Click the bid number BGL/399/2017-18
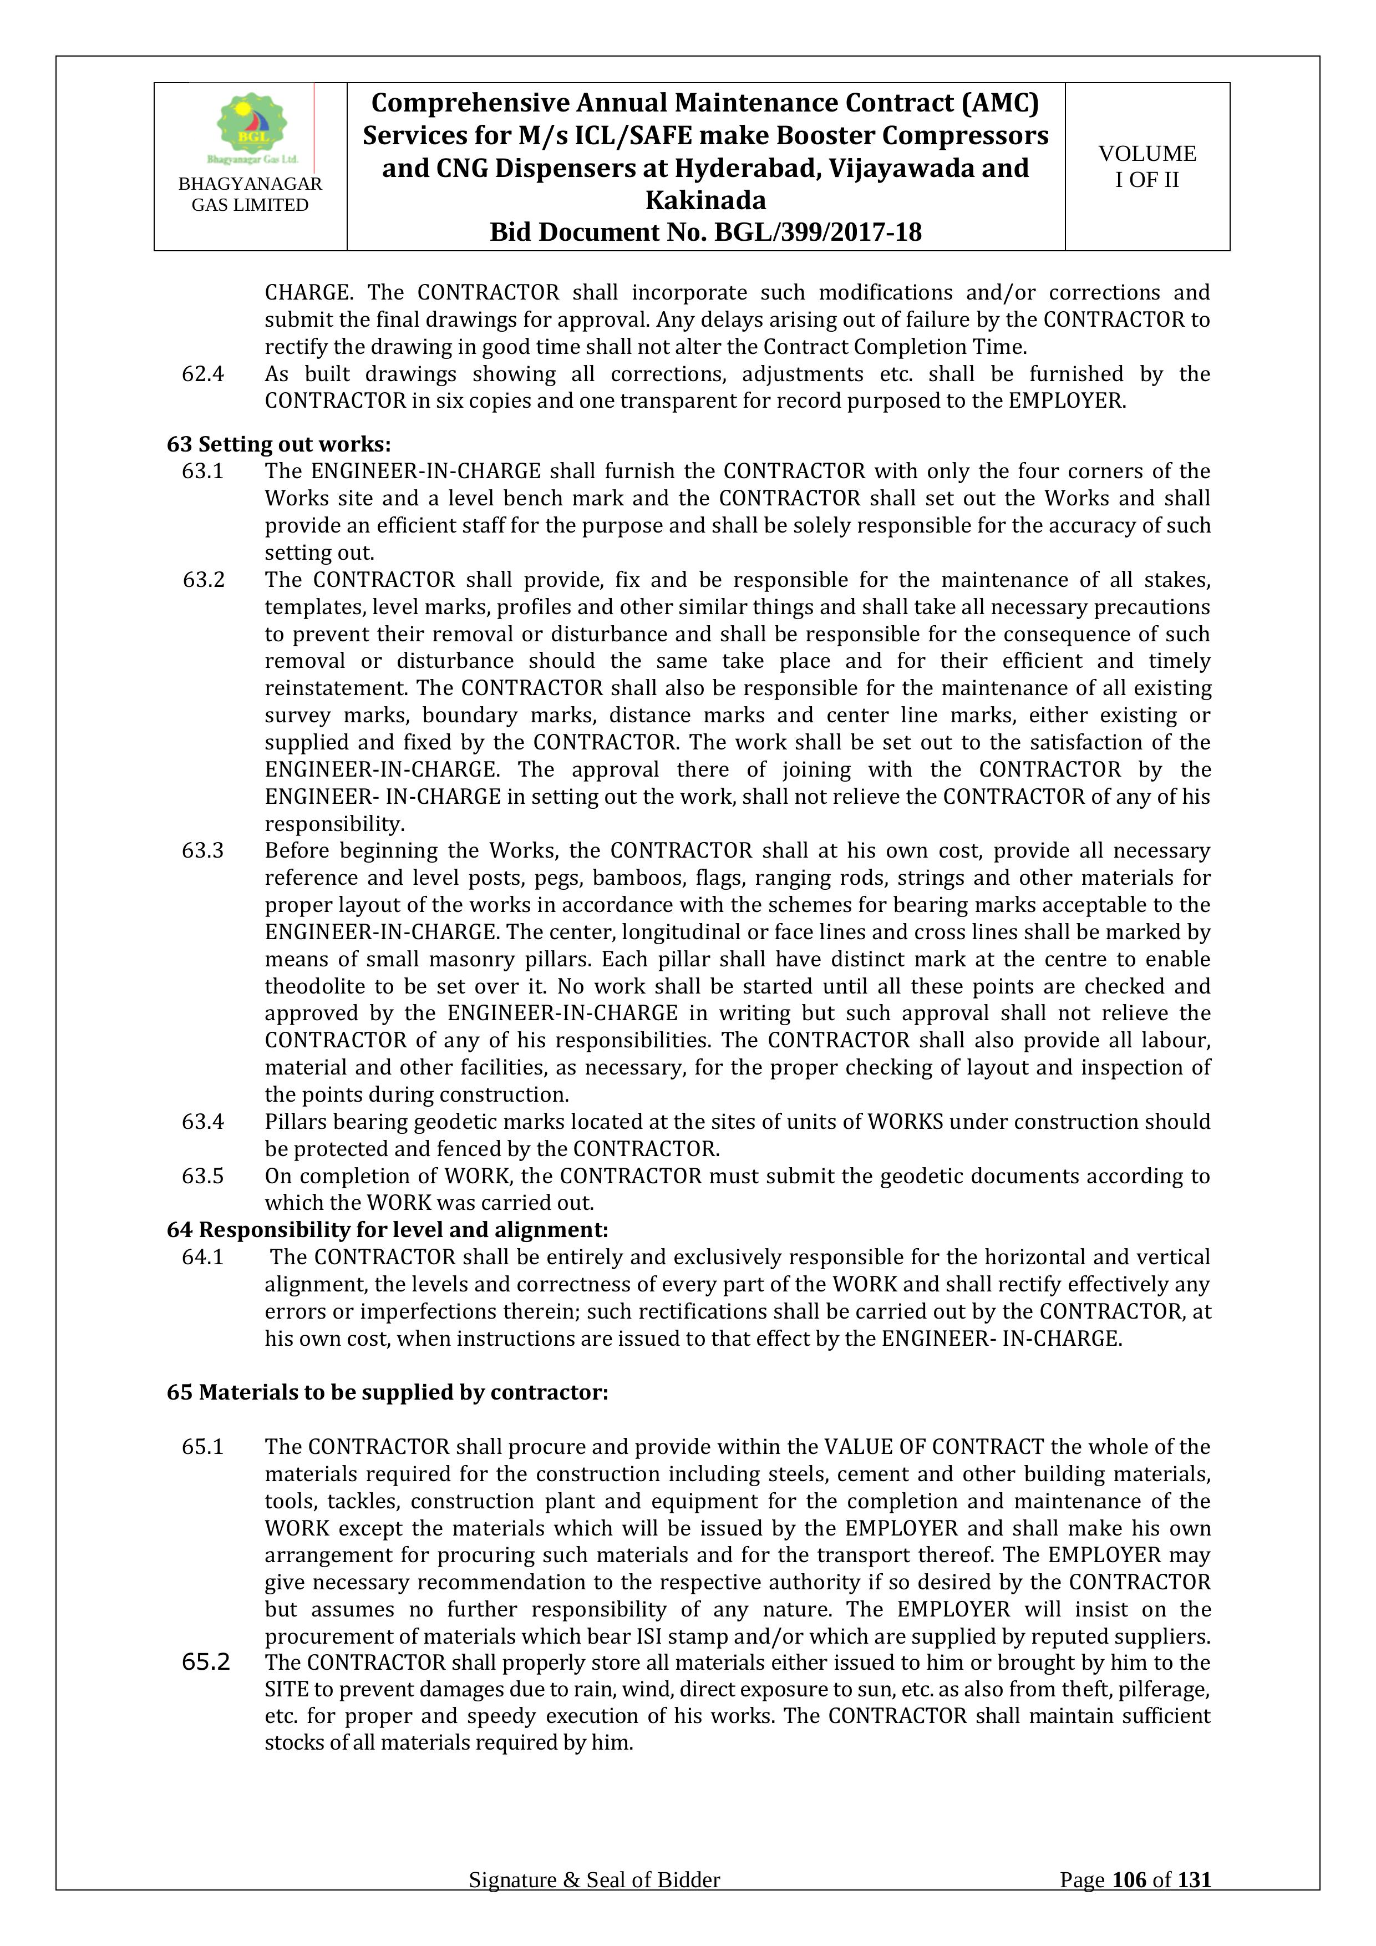pos(818,232)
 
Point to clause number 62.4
pos(202,374)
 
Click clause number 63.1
pos(202,471)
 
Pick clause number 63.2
pos(204,580)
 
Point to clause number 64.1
pos(202,1257)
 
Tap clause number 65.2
pos(206,1663)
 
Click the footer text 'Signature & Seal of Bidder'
pos(594,1904)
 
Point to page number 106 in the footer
pos(1129,1904)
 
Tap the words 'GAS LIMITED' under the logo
pos(250,205)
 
